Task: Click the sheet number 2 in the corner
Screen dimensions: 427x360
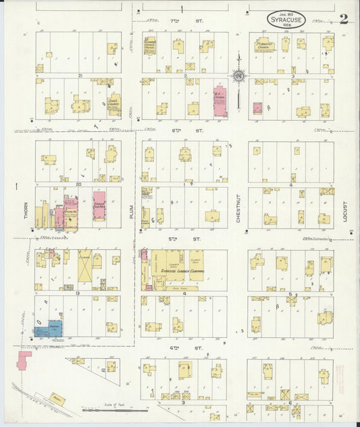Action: click(344, 18)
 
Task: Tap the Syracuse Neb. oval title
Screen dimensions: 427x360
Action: click(286, 20)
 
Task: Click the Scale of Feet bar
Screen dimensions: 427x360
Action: click(115, 409)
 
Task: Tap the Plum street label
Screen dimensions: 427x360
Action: click(132, 211)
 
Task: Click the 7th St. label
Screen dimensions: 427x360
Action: click(199, 22)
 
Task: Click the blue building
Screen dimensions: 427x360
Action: click(51, 329)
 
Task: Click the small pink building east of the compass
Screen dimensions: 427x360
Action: click(257, 107)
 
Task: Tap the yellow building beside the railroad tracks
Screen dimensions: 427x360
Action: click(59, 399)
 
